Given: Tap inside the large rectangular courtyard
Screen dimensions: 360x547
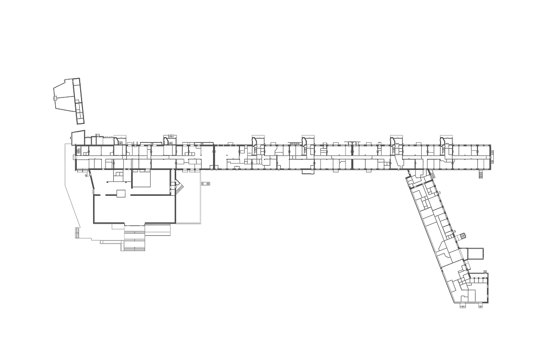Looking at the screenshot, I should [134, 206].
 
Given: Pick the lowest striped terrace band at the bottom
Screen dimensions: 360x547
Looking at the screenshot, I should [133, 248].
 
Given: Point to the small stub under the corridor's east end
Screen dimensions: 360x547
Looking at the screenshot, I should [479, 173].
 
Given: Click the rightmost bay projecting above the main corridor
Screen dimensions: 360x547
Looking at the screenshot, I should [447, 141].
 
